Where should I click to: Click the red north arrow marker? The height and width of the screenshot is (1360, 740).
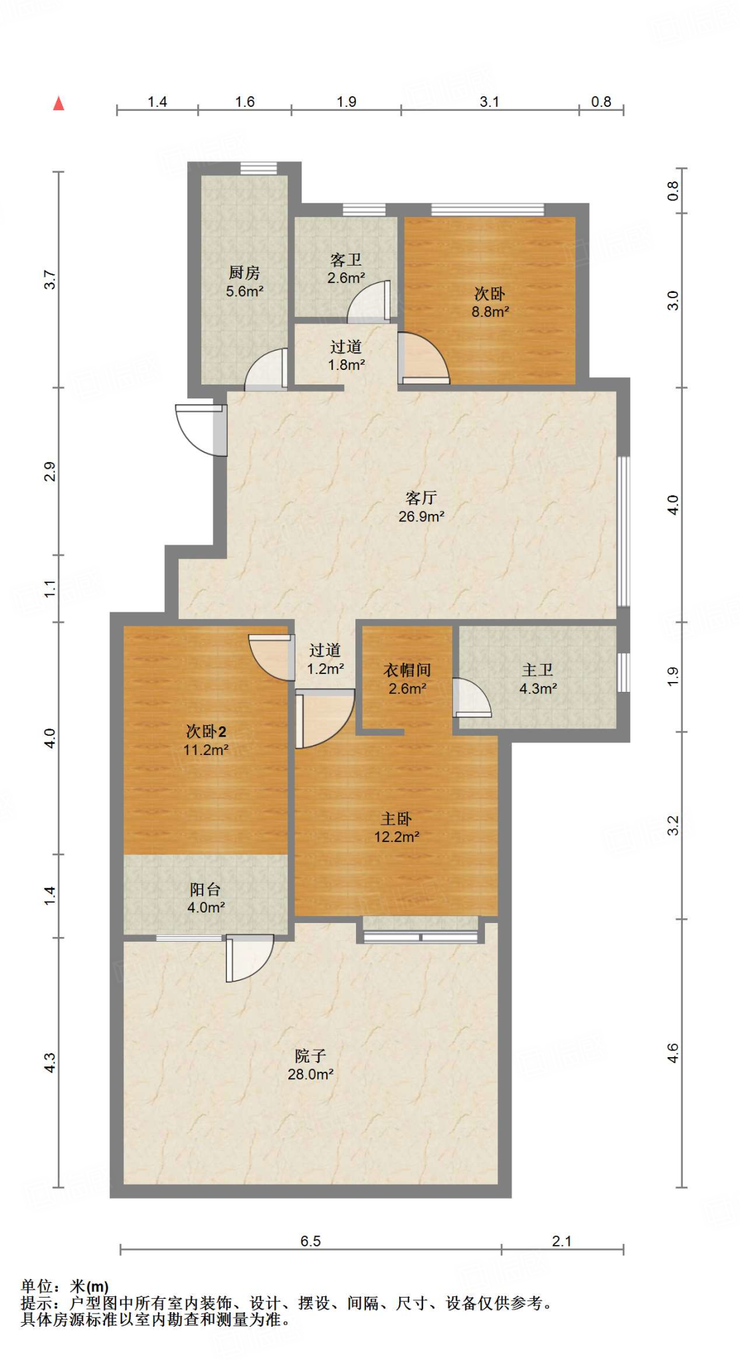58,103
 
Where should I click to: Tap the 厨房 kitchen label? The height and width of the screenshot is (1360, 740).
244,282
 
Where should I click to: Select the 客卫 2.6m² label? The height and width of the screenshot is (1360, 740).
346,269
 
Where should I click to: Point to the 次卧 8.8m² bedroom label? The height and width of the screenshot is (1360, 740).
490,302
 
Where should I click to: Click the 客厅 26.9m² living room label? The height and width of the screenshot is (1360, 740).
421,507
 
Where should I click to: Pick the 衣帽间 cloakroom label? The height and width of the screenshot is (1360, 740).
407,679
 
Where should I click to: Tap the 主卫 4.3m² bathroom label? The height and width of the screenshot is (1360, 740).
538,679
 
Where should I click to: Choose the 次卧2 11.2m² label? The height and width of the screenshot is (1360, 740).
206,740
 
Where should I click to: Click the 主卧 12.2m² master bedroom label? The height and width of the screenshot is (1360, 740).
397,827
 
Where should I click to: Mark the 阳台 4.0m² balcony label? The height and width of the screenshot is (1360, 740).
206,898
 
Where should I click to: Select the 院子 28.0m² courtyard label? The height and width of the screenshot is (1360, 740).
310,1064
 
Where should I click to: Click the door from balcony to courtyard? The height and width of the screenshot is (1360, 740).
250,958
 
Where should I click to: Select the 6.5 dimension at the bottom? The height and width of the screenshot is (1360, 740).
310,1241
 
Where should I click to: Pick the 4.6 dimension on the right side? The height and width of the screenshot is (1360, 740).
673,1053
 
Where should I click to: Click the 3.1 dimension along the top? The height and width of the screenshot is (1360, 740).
490,102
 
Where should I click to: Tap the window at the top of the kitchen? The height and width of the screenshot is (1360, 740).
258,168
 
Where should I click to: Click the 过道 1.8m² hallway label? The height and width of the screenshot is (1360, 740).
346,355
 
